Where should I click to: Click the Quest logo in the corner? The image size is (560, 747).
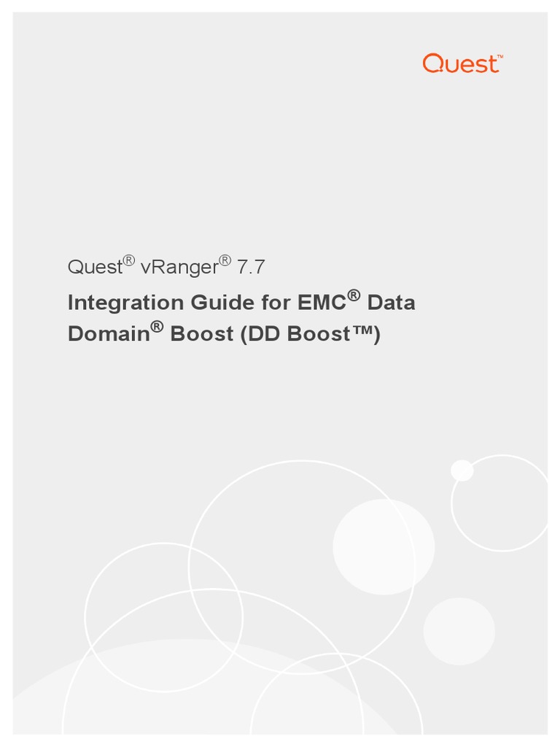[x=461, y=63]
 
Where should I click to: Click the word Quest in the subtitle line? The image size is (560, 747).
[x=94, y=267]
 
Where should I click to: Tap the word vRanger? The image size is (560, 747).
[x=179, y=267]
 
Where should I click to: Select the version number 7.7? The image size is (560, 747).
[x=249, y=267]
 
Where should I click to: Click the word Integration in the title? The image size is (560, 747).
[x=125, y=303]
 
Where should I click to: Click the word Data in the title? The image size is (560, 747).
[x=392, y=302]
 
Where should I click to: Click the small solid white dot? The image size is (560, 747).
[x=462, y=471]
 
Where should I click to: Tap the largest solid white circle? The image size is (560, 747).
[x=384, y=546]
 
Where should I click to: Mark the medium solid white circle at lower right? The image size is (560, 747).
[x=459, y=631]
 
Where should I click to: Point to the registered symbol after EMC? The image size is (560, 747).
[x=354, y=295]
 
